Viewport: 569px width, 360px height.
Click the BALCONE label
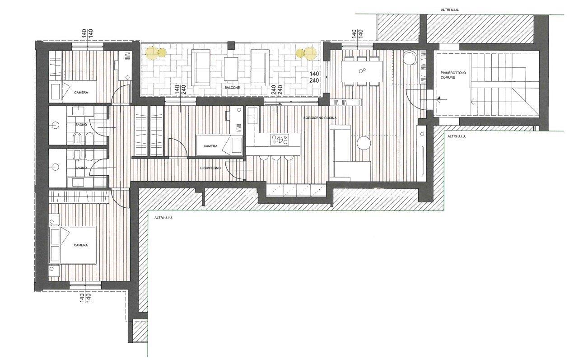(232, 88)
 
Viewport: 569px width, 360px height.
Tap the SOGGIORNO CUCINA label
(320, 118)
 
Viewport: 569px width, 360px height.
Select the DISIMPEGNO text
(210, 168)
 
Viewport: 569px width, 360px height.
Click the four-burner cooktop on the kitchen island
(280, 140)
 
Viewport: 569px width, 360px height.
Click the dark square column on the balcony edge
(231, 46)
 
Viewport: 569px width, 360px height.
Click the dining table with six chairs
(362, 71)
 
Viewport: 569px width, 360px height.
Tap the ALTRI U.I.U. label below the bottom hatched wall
(163, 218)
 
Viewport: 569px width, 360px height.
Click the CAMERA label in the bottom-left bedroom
(81, 245)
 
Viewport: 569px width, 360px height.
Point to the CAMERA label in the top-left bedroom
(81, 93)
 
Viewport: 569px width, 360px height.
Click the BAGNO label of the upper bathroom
(81, 125)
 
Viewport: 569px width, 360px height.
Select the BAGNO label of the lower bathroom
(81, 168)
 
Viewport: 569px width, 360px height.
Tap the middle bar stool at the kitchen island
(276, 158)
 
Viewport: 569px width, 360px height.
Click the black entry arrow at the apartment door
(438, 99)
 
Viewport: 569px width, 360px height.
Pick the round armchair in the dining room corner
(410, 58)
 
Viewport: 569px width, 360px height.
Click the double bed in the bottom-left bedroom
(72, 245)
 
